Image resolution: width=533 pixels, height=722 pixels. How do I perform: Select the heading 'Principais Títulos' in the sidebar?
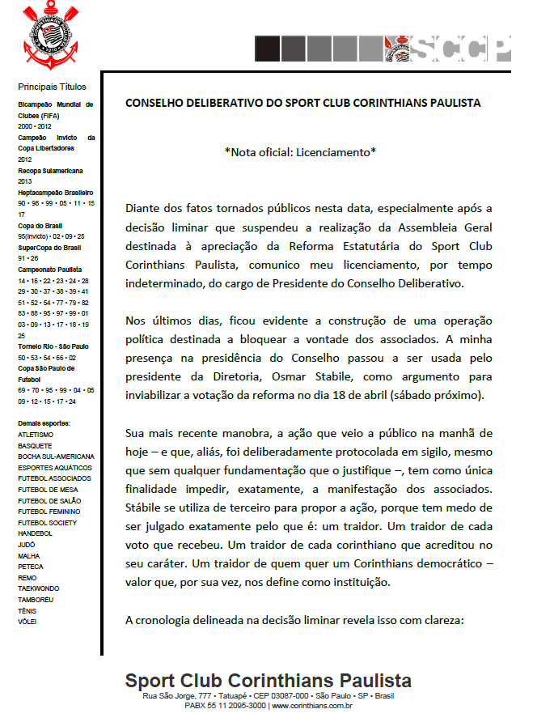(x=52, y=87)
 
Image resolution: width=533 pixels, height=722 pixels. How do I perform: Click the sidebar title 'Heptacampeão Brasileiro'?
(x=56, y=192)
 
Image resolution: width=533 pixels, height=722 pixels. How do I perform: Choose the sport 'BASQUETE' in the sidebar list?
(x=35, y=445)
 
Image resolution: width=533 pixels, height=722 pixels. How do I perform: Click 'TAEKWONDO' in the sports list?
(x=39, y=588)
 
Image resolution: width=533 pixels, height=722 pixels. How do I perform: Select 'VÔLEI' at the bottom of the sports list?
(x=27, y=622)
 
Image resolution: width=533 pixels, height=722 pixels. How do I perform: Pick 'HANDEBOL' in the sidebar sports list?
(x=35, y=533)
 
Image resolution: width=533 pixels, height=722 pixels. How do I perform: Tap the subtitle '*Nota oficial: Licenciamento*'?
(x=300, y=151)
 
